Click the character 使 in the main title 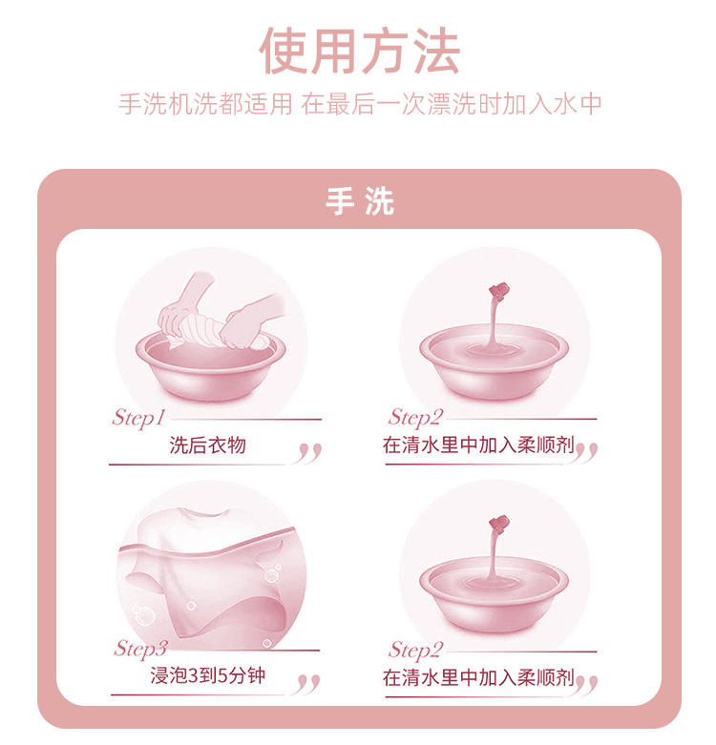284,51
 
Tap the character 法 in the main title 436,51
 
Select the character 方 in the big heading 386,51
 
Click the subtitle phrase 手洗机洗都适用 205,104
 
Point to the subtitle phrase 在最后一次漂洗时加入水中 452,104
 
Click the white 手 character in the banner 339,201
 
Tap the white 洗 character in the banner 380,201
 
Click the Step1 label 138,419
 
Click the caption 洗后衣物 208,445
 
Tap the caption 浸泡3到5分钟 208,675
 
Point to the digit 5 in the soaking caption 222,675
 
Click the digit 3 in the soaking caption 194,675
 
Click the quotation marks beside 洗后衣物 309,453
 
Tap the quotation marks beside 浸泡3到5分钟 308,684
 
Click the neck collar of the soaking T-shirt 208,512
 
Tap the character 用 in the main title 335,51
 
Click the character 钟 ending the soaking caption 256,675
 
